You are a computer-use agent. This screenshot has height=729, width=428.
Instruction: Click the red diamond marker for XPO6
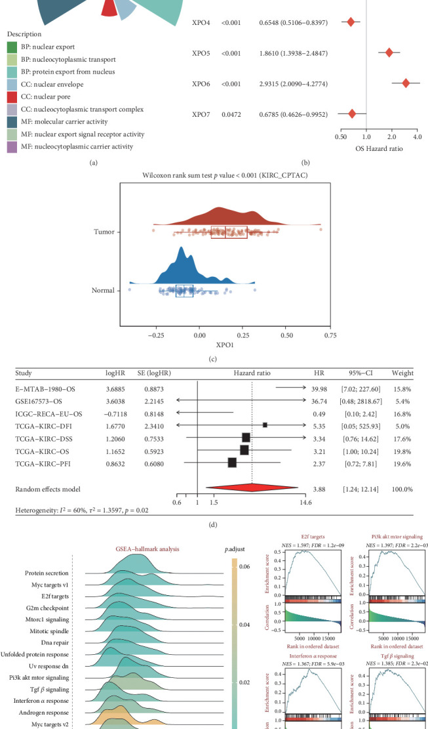click(x=406, y=83)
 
